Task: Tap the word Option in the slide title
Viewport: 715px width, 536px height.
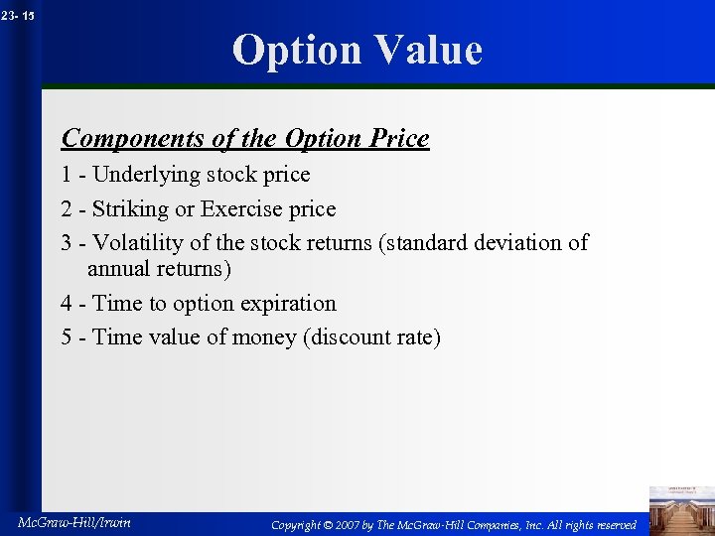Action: [295, 50]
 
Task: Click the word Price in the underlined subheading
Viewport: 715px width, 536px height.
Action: [399, 138]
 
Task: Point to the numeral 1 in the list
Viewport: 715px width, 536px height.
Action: [67, 175]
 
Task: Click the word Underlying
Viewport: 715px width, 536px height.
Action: [146, 175]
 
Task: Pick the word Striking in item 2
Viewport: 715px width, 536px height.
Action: [131, 209]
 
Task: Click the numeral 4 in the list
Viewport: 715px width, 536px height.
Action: [67, 304]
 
